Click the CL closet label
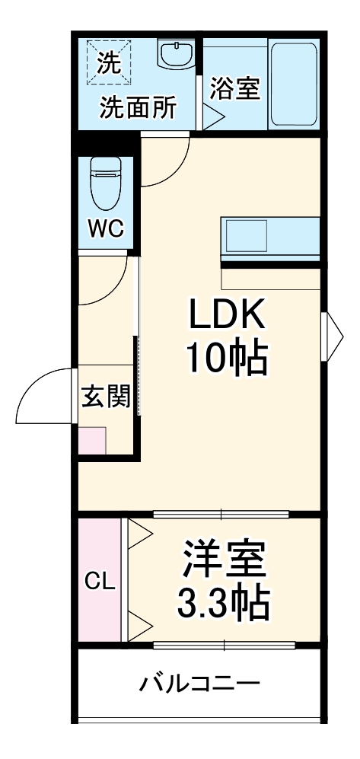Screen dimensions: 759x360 click(99, 583)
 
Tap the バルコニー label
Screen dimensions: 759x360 click(199, 683)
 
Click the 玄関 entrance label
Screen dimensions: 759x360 click(106, 397)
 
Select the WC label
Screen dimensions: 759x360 click(105, 229)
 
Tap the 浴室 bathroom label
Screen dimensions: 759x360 click(235, 88)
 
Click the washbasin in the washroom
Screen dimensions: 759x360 click(177, 56)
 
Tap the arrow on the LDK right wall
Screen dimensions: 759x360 click(333, 336)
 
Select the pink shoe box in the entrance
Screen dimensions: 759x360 click(93, 441)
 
